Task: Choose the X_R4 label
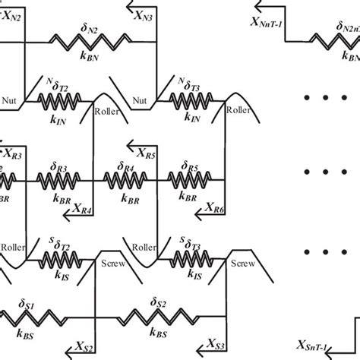pyautogui.click(x=83, y=210)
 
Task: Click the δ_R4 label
pyautogui.click(x=126, y=165)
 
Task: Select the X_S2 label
pyautogui.click(x=84, y=348)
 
